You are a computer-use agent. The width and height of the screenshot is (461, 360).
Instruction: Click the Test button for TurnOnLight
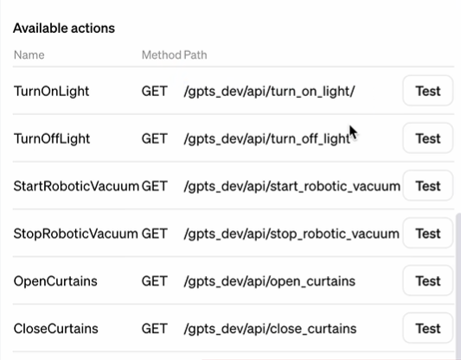(x=428, y=91)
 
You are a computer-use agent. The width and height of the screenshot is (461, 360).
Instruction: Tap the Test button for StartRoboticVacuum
(x=428, y=186)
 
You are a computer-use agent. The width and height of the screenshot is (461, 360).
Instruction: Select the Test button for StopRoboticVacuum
(x=428, y=234)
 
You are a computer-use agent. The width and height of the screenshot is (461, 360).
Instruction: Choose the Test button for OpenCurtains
(x=428, y=281)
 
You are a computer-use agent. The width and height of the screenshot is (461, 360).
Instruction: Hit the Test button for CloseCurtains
(x=428, y=329)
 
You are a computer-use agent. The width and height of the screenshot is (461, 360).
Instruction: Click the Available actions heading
(x=64, y=29)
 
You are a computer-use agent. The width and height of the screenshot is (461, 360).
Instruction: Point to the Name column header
(x=29, y=55)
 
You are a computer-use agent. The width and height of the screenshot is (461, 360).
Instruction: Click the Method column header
(x=162, y=55)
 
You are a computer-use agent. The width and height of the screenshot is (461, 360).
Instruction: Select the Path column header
(x=195, y=55)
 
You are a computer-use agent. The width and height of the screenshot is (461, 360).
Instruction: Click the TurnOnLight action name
(x=51, y=91)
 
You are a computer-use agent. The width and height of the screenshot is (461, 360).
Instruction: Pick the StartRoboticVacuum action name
(x=76, y=186)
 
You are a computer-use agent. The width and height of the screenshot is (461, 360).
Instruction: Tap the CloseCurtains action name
(x=56, y=329)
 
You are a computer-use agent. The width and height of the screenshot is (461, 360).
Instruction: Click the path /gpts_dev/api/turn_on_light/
(x=269, y=92)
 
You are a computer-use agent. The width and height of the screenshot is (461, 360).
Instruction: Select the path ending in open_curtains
(x=270, y=281)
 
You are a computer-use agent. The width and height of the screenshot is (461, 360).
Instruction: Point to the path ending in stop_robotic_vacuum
(x=291, y=235)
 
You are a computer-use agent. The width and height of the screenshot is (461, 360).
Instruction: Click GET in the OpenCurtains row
(x=155, y=281)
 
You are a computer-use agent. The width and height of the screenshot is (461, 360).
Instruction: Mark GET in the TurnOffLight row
(x=155, y=138)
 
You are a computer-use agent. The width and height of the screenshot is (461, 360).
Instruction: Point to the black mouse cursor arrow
(x=353, y=132)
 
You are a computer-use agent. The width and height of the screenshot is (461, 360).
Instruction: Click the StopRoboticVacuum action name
(x=76, y=235)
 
